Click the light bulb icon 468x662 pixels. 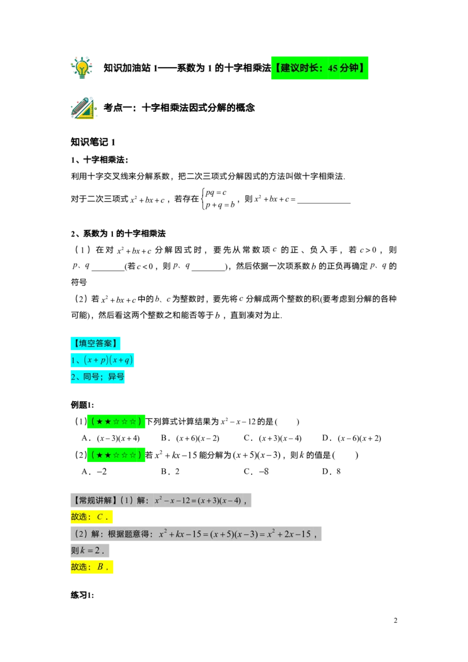coord(82,67)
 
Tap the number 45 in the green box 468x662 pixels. coord(333,68)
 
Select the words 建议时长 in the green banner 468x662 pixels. coord(301,68)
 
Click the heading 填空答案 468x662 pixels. coord(96,343)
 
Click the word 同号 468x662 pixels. coord(91,377)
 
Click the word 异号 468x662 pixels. coord(116,377)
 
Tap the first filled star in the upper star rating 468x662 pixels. coord(100,422)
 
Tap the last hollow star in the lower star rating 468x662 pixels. coord(133,455)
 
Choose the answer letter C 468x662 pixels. coord(100,517)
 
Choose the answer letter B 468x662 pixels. coord(100,567)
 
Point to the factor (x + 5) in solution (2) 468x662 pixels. coord(222,534)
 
